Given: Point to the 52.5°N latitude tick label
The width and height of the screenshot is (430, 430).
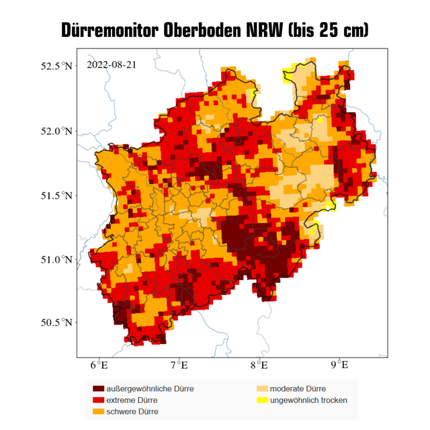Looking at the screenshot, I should [56, 67].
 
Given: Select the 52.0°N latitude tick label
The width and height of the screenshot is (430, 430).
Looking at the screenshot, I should [56, 131].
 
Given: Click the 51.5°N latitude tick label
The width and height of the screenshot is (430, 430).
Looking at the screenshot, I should [56, 195].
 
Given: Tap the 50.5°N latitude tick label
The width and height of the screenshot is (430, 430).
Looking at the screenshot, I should [56, 322].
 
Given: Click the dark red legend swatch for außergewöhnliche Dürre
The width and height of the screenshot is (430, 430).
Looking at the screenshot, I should [99, 389].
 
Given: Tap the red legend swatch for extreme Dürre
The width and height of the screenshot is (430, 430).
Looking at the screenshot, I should [99, 400].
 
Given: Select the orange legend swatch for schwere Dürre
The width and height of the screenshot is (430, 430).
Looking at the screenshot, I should [99, 411].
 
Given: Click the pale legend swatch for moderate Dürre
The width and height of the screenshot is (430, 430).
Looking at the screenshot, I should [261, 389].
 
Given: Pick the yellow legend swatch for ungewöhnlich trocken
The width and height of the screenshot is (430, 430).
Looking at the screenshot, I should [261, 400].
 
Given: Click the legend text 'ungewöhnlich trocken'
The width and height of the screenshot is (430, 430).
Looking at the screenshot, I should [308, 400].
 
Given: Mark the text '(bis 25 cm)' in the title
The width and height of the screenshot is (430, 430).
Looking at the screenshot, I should [329, 30].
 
